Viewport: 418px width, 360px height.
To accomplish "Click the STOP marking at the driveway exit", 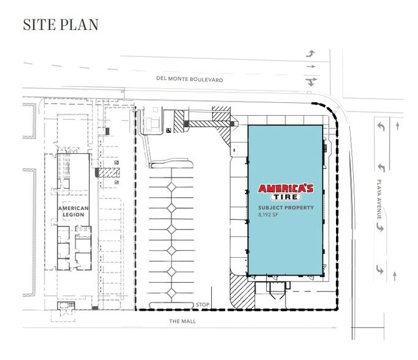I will tap(203, 304).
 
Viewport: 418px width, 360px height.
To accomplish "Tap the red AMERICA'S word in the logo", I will tap(285, 188).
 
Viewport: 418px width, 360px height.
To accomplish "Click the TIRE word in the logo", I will tap(285, 197).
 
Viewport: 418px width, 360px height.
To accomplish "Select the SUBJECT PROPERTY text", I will tap(285, 208).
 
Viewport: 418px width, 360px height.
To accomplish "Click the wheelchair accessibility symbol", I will tap(168, 129).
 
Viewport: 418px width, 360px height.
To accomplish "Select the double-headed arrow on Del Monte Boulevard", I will tap(312, 81).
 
